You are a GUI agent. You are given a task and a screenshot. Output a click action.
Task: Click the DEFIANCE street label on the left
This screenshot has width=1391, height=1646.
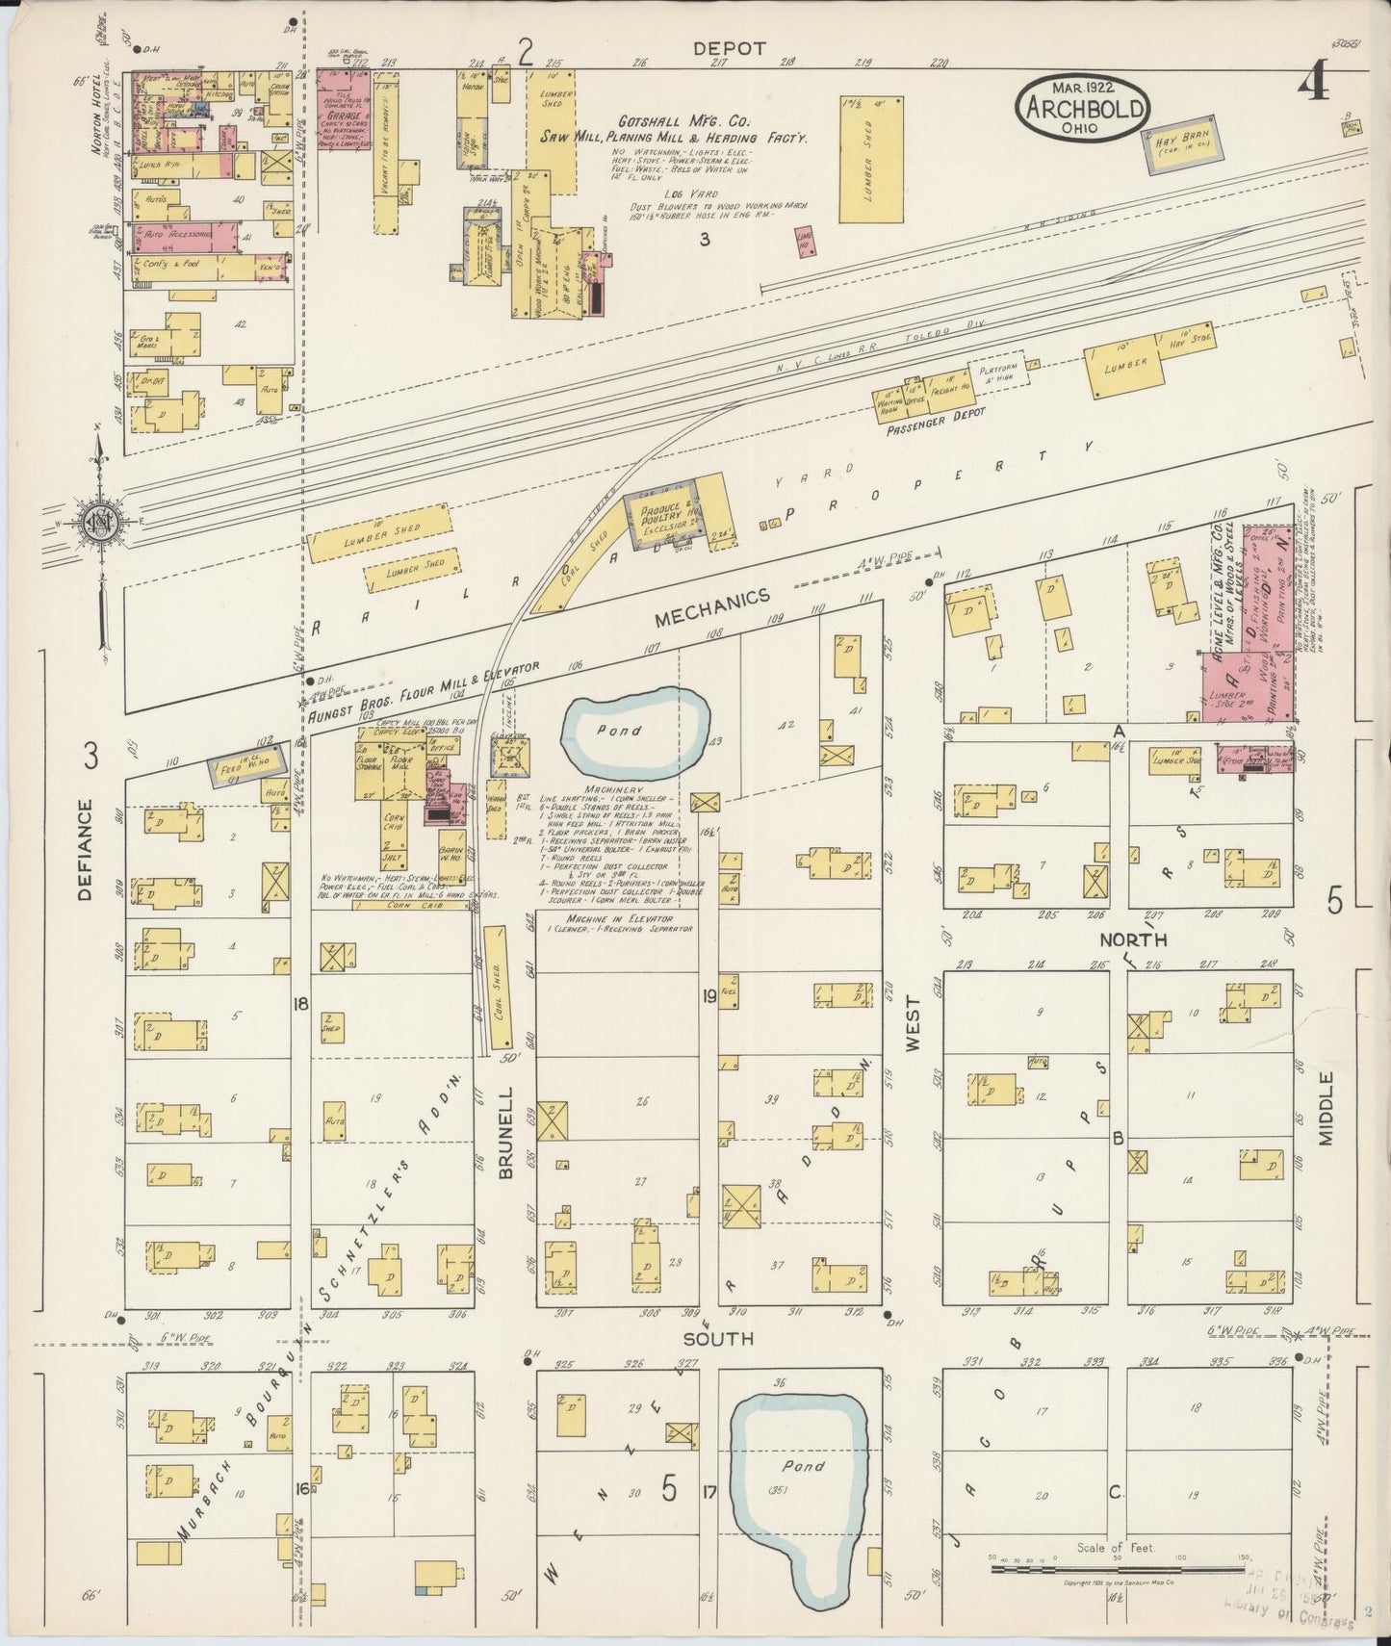pyautogui.click(x=85, y=850)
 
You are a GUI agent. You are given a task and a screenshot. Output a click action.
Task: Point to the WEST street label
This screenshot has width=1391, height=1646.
pyautogui.click(x=912, y=1030)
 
